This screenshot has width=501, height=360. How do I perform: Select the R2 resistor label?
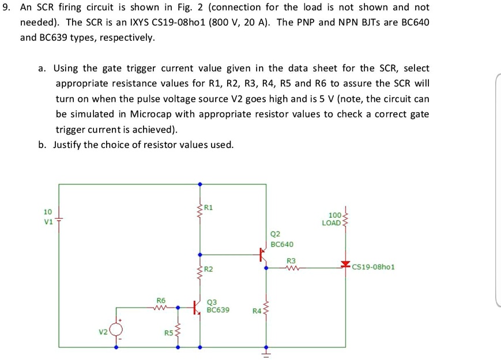pyautogui.click(x=209, y=270)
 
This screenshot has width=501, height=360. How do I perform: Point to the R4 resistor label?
pyautogui.click(x=257, y=311)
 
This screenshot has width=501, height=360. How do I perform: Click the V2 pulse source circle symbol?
pyautogui.click(x=117, y=329)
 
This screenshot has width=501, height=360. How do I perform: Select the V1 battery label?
pyautogui.click(x=48, y=222)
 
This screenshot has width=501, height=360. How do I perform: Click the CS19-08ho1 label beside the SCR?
pyautogui.click(x=373, y=267)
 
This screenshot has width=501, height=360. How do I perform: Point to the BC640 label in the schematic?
pyautogui.click(x=282, y=244)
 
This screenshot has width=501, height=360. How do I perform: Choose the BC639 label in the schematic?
pyautogui.click(x=218, y=310)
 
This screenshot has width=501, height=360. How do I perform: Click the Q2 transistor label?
pyautogui.click(x=275, y=234)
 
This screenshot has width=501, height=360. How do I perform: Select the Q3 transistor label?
pyautogui.click(x=212, y=301)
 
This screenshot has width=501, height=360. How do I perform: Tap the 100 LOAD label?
pyautogui.click(x=333, y=219)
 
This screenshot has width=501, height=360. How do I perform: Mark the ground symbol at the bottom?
pyautogui.click(x=266, y=353)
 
